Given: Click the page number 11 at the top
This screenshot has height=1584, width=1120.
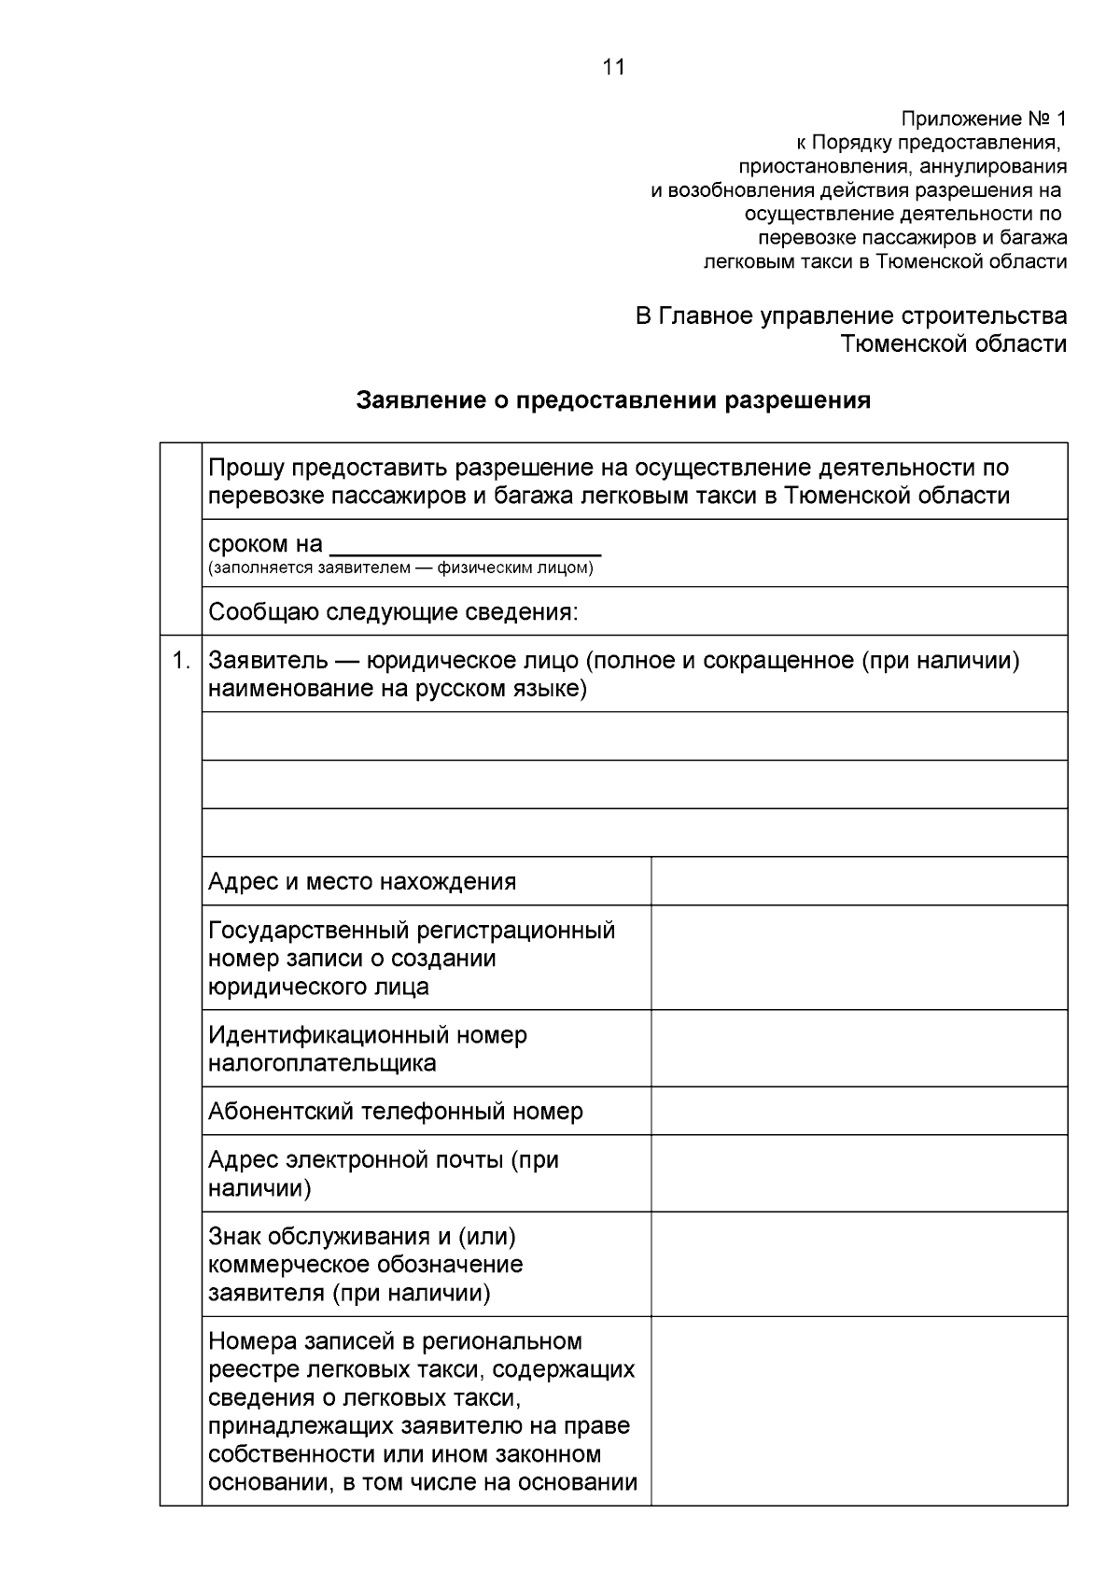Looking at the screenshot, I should (613, 67).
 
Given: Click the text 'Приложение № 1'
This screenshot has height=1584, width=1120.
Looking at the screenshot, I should (983, 119).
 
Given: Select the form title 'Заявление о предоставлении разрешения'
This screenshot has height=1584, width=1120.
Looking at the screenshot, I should (613, 400).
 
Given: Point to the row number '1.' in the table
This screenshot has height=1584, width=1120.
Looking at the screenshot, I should (181, 661).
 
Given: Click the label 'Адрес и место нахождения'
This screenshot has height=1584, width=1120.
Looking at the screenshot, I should (362, 882).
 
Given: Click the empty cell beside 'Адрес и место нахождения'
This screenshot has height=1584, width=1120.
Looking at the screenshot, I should (859, 882).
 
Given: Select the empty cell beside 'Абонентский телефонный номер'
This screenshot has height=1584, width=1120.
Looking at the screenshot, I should (859, 1112).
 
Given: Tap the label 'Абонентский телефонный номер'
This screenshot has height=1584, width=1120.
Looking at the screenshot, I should (396, 1112).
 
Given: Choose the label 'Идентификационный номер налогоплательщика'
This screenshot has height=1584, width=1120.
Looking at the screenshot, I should (368, 1049).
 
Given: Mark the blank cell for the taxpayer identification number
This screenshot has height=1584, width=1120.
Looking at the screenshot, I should (859, 1049).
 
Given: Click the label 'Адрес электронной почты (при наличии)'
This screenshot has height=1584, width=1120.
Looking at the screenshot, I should (383, 1174).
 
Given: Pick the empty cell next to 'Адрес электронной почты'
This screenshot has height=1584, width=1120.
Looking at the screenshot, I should (859, 1174).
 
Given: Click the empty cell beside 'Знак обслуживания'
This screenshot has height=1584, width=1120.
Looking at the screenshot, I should (859, 1265).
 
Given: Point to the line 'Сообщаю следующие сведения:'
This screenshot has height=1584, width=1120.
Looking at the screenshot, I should (393, 612).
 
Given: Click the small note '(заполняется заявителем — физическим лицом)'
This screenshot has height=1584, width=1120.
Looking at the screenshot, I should (400, 568).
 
